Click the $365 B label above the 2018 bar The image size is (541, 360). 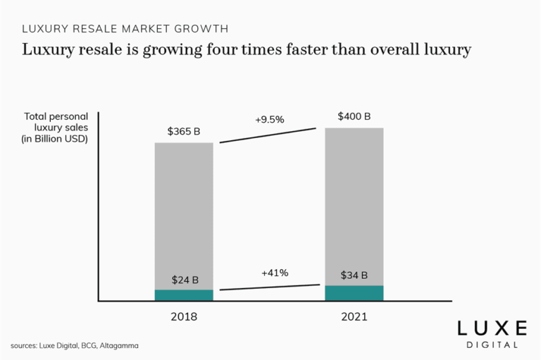click(184, 131)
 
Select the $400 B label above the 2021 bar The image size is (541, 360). click(354, 116)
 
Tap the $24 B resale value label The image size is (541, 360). click(184, 279)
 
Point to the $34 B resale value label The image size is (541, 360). click(354, 275)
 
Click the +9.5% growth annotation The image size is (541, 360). click(269, 120)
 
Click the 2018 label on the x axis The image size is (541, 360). click(184, 317)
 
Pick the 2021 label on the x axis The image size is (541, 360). click(354, 317)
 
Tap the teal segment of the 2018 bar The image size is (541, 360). click(184, 295)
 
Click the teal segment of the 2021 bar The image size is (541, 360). click(354, 293)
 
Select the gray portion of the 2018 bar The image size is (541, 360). click(184, 211)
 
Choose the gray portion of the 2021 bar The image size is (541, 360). click(354, 204)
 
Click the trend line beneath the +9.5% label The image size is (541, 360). click(268, 135)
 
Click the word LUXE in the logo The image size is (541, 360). click(492, 328)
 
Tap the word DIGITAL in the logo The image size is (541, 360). click(492, 345)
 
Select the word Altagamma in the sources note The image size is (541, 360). click(119, 346)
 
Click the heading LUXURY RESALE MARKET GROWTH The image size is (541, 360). click(125, 29)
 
